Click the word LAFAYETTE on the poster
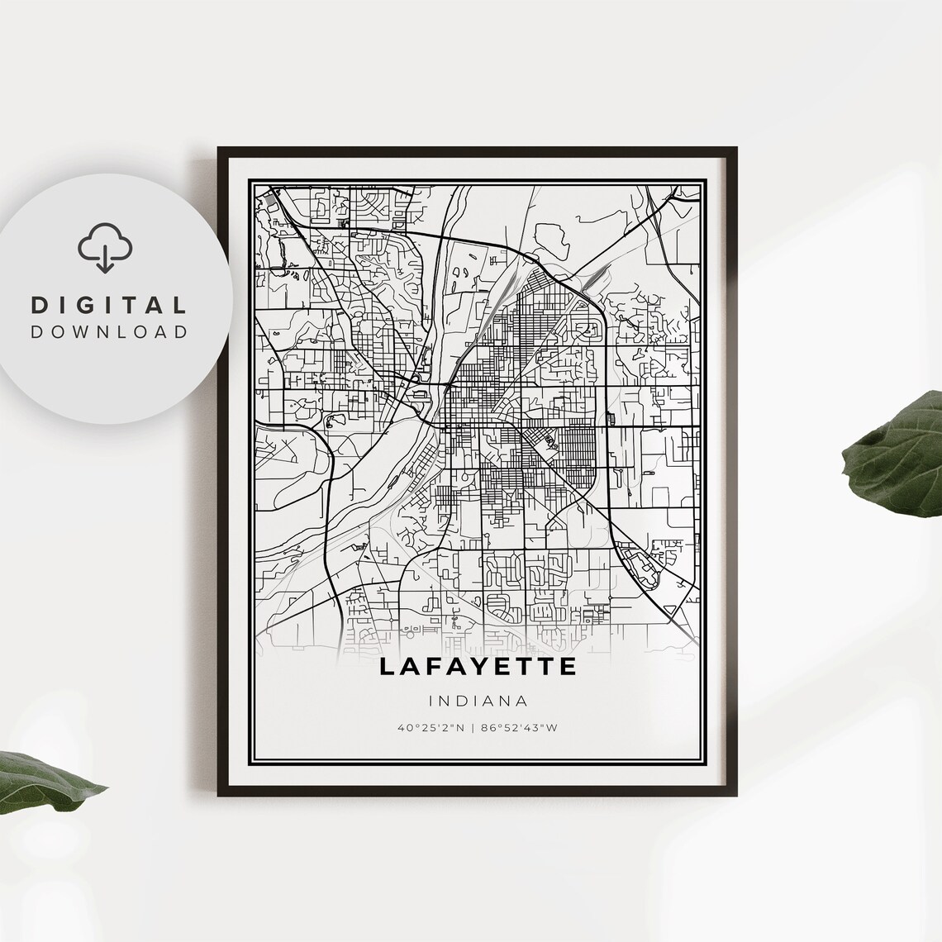pyautogui.click(x=478, y=667)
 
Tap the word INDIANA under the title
pyautogui.click(x=478, y=701)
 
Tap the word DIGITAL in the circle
pyautogui.click(x=109, y=305)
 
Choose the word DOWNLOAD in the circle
pyautogui.click(x=109, y=332)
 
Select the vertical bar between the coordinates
pyautogui.click(x=478, y=728)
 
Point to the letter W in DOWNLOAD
pyautogui.click(x=81, y=332)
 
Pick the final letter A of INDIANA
pyautogui.click(x=523, y=701)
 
